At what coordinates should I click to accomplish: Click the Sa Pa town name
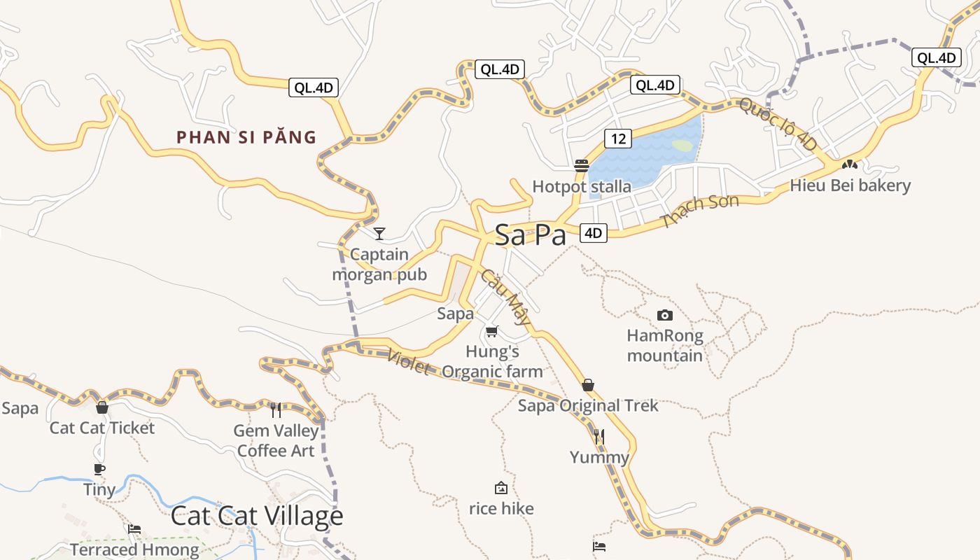click(530, 235)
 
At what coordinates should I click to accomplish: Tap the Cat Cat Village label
click(257, 516)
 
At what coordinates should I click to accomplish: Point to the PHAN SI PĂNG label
click(246, 137)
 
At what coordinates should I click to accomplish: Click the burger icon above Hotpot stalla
click(582, 166)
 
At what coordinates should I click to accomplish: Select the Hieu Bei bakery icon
click(850, 165)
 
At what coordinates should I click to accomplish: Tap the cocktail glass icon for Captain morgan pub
click(379, 233)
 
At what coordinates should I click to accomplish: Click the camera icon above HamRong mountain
click(665, 316)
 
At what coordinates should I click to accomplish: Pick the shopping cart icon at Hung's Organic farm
click(492, 331)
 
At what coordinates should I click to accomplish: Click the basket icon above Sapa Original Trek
click(588, 385)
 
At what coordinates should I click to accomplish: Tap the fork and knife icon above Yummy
click(598, 437)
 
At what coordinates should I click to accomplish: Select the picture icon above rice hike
click(501, 488)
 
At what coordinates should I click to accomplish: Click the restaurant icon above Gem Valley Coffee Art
click(276, 409)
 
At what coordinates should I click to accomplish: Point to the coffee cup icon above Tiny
click(99, 469)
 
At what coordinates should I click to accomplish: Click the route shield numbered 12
click(618, 139)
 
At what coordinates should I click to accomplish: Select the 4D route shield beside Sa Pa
click(593, 233)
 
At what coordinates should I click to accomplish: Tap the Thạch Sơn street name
click(700, 211)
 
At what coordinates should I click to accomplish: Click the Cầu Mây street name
click(504, 298)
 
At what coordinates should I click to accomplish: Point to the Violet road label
click(407, 361)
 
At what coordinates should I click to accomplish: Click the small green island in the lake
click(682, 146)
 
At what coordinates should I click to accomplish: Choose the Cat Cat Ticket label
click(102, 428)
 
